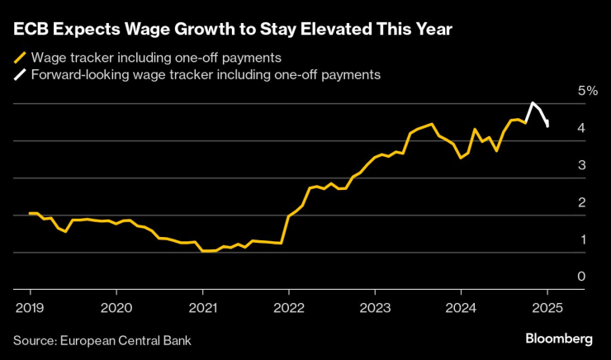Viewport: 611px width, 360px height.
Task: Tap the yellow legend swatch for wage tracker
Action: tap(19, 58)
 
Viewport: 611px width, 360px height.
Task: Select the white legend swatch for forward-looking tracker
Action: tap(19, 75)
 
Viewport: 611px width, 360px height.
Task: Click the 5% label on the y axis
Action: tap(587, 90)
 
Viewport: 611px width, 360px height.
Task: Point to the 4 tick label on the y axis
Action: tap(581, 128)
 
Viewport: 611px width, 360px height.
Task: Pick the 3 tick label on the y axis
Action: tap(581, 165)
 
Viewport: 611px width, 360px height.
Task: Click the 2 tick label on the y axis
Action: tap(581, 202)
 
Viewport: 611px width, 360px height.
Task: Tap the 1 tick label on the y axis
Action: tap(581, 239)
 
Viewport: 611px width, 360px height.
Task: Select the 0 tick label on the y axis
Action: tap(581, 277)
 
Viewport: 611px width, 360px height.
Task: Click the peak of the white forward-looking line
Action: tap(533, 103)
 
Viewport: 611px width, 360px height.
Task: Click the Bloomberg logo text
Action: tap(559, 339)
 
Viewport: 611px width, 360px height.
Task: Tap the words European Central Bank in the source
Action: tap(128, 339)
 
